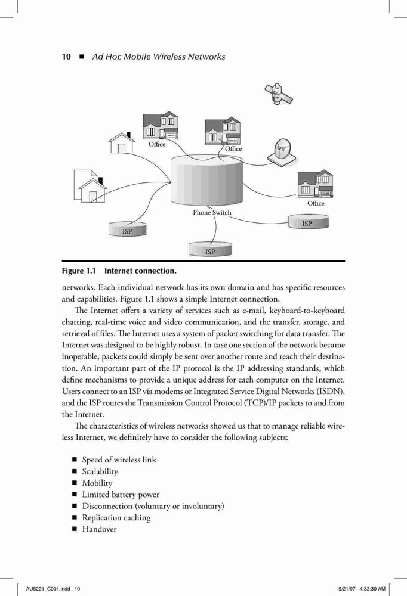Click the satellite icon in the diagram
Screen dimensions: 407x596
coord(278,94)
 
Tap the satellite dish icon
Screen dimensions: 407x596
coord(282,153)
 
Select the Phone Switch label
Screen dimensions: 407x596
coord(212,213)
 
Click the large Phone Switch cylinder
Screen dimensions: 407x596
coord(206,179)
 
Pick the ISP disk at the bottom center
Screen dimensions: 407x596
coord(210,249)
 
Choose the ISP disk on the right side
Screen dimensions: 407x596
coord(309,222)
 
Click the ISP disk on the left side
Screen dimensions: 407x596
coord(127,229)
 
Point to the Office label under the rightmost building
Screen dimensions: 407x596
coord(316,203)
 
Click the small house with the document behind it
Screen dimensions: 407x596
coord(91,186)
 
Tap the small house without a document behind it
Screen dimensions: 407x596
coord(122,142)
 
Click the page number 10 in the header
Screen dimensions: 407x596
coord(66,57)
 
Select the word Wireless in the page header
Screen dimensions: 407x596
coord(170,57)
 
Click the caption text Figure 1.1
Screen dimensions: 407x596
coord(79,271)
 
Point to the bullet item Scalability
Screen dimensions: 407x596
coord(100,471)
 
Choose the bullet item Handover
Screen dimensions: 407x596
coord(100,529)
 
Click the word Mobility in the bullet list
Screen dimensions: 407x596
coord(97,483)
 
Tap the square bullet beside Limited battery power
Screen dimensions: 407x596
coord(75,495)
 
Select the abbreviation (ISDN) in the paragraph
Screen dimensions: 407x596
coord(332,392)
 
